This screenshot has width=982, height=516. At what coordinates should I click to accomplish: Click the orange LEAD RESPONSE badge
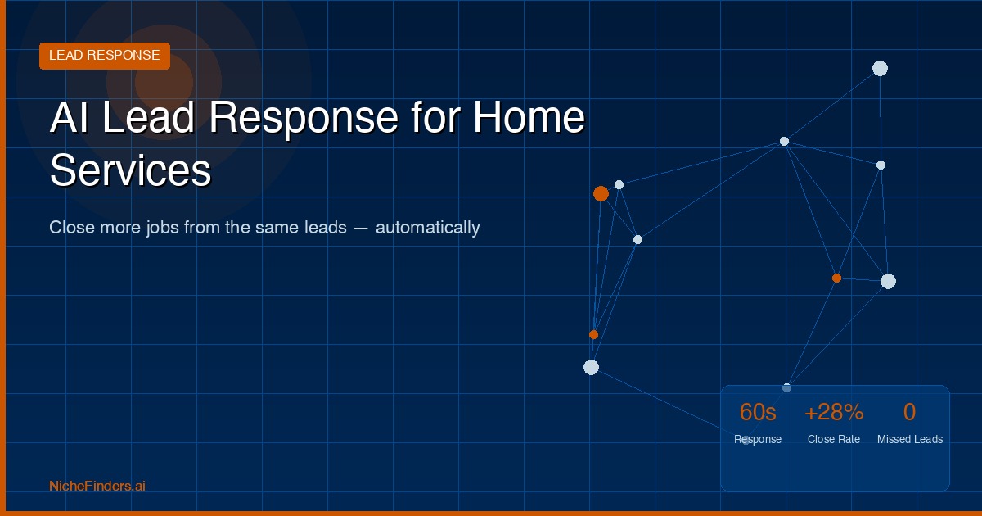tap(104, 56)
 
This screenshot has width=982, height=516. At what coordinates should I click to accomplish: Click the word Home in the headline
tap(529, 117)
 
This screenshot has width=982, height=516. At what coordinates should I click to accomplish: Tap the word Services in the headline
tap(130, 171)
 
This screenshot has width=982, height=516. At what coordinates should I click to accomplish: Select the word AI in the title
tap(70, 117)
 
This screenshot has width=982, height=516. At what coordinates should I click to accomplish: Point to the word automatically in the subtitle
tap(427, 227)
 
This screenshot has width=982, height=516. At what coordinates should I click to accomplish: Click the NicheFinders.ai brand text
tap(97, 486)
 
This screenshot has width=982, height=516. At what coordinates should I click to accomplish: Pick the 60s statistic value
tap(758, 412)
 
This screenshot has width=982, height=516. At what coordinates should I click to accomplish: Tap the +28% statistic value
tap(834, 412)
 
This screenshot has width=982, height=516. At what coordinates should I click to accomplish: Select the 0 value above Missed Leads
tap(909, 412)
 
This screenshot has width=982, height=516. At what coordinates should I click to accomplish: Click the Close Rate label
tap(833, 439)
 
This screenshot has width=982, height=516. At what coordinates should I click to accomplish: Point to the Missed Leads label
tap(909, 439)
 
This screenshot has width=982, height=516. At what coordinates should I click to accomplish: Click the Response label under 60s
tap(758, 439)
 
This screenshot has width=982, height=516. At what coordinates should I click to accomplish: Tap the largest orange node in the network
tap(601, 193)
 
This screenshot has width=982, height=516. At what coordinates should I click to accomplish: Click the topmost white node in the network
tap(880, 68)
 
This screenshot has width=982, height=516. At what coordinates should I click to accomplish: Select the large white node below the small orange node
tap(591, 367)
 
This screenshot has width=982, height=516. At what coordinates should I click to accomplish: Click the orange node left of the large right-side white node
tap(836, 278)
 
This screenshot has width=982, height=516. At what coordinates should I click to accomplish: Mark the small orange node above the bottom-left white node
tap(594, 334)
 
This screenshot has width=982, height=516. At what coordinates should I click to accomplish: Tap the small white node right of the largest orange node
tap(619, 184)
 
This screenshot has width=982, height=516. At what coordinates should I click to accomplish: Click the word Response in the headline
tap(303, 117)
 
